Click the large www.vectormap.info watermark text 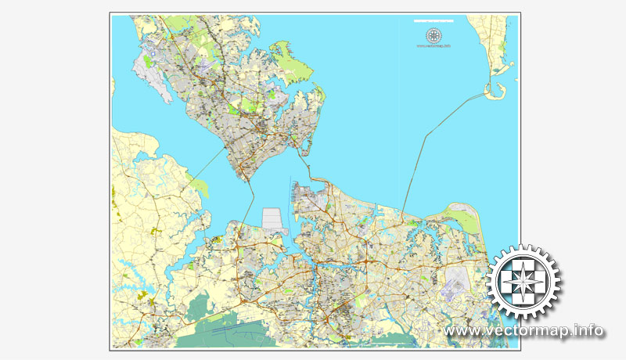point(523,331)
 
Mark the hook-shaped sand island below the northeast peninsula point(494,92)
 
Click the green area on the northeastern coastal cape point(462,216)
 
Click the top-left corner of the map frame point(110,13)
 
